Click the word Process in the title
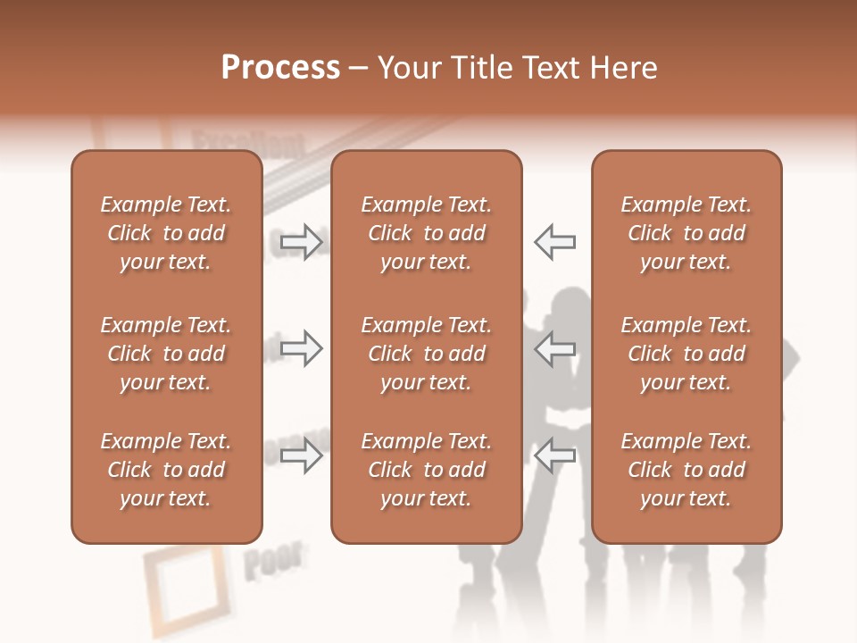click(280, 68)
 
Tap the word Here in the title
click(623, 68)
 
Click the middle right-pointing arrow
click(301, 348)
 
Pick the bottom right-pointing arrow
click(301, 455)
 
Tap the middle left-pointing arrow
click(555, 348)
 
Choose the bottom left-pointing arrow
click(555, 455)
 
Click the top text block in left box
click(166, 233)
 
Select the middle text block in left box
click(166, 354)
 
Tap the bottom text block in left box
click(166, 470)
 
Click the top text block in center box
click(426, 233)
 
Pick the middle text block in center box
click(426, 354)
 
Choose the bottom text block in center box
click(426, 470)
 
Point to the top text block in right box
click(686, 233)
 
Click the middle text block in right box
click(686, 354)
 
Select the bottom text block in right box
click(686, 470)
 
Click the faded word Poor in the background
click(272, 561)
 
